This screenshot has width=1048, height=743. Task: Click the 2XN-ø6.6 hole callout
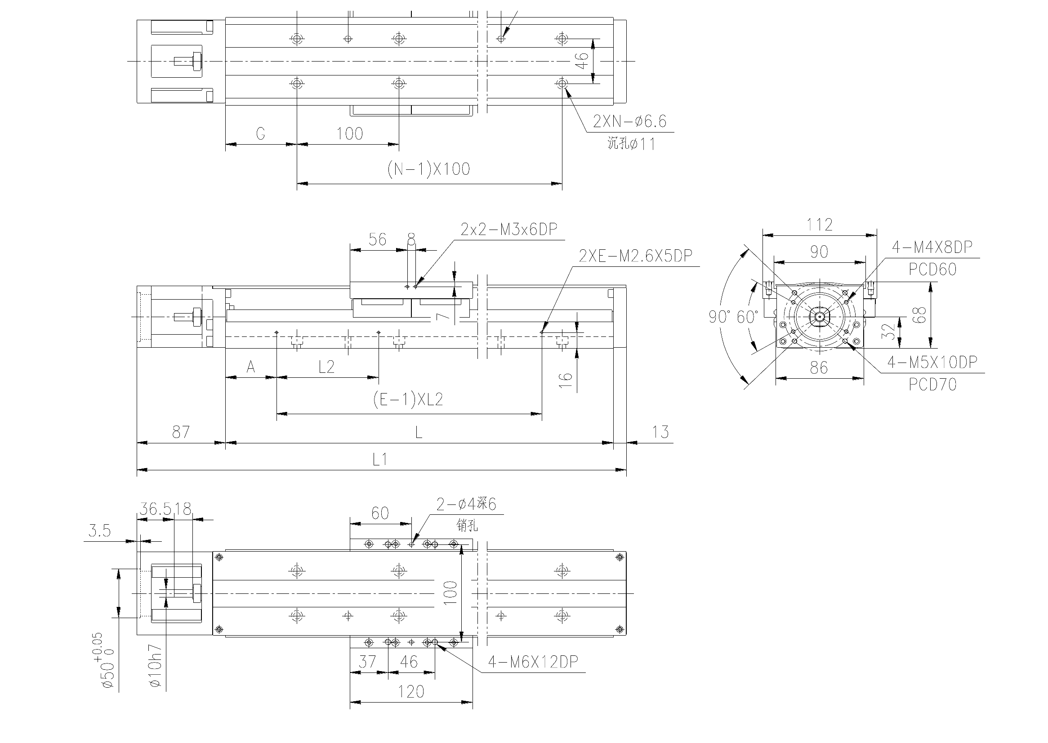pyautogui.click(x=629, y=121)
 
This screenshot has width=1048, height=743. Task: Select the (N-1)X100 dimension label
pyautogui.click(x=428, y=169)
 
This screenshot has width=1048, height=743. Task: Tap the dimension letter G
pyautogui.click(x=260, y=133)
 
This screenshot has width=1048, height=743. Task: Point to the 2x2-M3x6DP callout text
pyautogui.click(x=509, y=229)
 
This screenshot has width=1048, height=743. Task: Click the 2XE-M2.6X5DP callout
pyautogui.click(x=635, y=256)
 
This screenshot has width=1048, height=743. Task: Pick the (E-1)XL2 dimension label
pyautogui.click(x=408, y=400)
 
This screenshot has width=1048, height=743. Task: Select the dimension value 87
pyautogui.click(x=181, y=432)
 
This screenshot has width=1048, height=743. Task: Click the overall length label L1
pyautogui.click(x=380, y=460)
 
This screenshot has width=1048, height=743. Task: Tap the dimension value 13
pyautogui.click(x=660, y=432)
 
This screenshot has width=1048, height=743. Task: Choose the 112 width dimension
pyautogui.click(x=819, y=225)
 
